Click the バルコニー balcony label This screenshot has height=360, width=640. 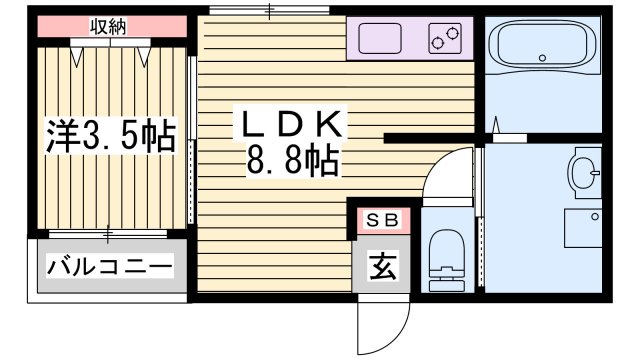(x=110, y=268)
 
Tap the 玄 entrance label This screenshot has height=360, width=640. (x=381, y=267)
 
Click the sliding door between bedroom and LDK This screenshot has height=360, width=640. (x=190, y=140)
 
